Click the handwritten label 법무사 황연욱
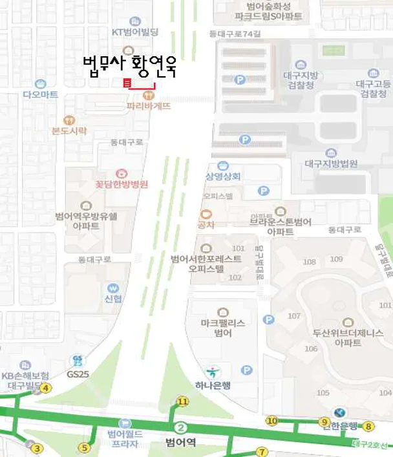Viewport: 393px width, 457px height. coord(130,65)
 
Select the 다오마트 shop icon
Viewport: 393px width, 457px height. coord(40,83)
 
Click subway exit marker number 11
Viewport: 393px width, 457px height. coord(183,402)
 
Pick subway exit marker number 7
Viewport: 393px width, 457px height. coord(261,451)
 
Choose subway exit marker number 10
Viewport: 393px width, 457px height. coord(272,421)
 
